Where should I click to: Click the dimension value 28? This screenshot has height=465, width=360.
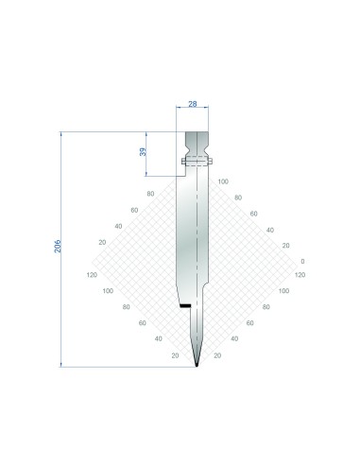click(x=193, y=104)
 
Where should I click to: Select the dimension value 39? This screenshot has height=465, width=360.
click(x=143, y=152)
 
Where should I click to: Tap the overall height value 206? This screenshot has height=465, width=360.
click(x=58, y=246)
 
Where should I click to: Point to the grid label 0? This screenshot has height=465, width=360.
click(x=302, y=261)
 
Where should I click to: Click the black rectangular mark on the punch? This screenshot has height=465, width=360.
click(x=185, y=305)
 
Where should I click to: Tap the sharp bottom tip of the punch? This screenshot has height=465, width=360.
click(x=197, y=367)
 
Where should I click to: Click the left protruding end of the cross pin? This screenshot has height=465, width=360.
click(x=183, y=162)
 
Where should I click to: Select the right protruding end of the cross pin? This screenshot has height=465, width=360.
click(x=211, y=162)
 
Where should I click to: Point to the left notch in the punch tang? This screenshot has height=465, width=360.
click(x=187, y=148)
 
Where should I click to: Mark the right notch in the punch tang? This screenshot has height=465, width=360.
click(x=207, y=148)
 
